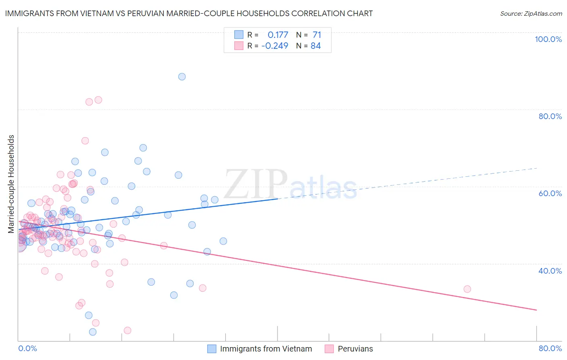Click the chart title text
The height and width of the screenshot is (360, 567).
tap(189, 13)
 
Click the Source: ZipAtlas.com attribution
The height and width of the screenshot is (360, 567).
tap(531, 13)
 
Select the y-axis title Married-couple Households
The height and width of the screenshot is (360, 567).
tap(11, 184)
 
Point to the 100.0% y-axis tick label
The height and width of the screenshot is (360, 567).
tap(548, 39)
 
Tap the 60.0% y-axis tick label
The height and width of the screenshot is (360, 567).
tap(550, 193)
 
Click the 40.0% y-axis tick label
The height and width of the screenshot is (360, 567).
tap(550, 271)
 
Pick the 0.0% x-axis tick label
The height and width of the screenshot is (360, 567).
tap(27, 348)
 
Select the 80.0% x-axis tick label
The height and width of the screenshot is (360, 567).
tap(550, 348)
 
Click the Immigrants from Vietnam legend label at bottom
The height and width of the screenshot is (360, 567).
tap(266, 349)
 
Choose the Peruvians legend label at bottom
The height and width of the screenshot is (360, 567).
tap(355, 349)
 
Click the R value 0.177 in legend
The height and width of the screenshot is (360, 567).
tap(278, 35)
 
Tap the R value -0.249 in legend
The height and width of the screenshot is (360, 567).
tap(275, 46)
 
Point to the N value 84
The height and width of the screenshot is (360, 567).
tap(315, 46)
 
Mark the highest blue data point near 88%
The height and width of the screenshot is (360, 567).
tap(182, 77)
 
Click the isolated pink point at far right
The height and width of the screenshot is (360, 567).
tap(467, 289)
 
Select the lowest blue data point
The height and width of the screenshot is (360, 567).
tap(93, 332)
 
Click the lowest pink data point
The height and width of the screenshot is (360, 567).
tap(127, 331)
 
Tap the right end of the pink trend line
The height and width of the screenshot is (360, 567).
tap(536, 310)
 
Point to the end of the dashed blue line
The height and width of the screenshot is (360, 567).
tap(537, 168)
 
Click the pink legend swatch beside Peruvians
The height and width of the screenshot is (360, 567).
tap(329, 349)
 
